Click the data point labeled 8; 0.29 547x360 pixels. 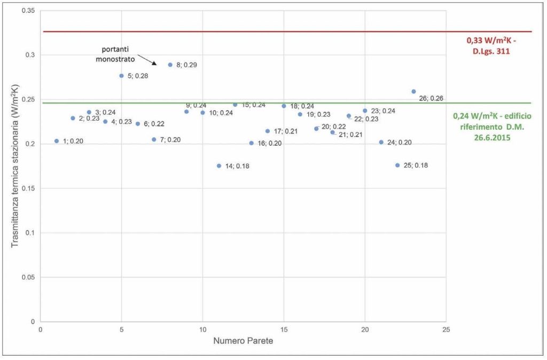[170, 65]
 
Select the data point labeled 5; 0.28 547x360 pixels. [122, 76]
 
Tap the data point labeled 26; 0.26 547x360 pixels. [413, 91]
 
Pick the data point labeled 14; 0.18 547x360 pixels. [219, 166]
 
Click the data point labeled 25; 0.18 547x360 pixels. [397, 165]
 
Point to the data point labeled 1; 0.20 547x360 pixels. [57, 141]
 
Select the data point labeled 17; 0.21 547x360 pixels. [268, 131]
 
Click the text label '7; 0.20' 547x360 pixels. [170, 140]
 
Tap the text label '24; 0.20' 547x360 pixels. [400, 143]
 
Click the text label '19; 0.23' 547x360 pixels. [318, 115]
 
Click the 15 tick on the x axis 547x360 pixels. [284, 330]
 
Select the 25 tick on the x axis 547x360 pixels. [447, 330]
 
